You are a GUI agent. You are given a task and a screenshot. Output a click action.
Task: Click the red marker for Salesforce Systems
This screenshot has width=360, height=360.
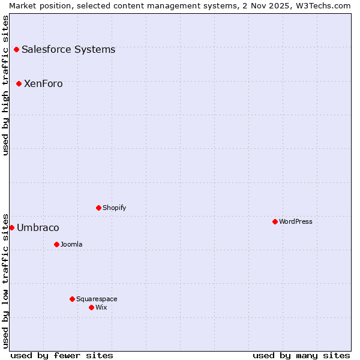tap(16, 49)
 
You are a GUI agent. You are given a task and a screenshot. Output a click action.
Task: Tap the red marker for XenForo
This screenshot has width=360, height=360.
tap(19, 83)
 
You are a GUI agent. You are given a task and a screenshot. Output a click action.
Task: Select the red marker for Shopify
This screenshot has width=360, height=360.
tap(98, 208)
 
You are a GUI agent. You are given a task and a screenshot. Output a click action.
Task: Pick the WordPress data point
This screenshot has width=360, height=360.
tap(275, 221)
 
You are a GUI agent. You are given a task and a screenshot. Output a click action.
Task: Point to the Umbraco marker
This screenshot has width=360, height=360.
tap(11, 227)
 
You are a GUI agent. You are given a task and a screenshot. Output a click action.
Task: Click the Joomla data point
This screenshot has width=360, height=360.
tap(56, 244)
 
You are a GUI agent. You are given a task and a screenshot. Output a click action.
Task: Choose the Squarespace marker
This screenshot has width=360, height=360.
tap(72, 299)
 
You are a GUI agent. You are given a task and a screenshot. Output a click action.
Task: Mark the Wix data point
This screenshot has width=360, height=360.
tap(91, 307)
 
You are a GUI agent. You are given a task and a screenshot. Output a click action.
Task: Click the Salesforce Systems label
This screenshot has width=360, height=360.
tap(68, 49)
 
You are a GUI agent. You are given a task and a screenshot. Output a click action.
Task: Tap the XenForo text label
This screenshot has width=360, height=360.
tap(43, 83)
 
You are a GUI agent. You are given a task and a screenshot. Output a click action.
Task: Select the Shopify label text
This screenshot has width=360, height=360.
tap(114, 208)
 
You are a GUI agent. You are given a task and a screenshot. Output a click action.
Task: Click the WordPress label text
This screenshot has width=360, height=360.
tap(296, 221)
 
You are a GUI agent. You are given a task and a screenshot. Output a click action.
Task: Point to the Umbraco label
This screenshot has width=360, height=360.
tap(38, 227)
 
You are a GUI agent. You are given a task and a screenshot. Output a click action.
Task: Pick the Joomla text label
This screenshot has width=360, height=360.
tap(71, 244)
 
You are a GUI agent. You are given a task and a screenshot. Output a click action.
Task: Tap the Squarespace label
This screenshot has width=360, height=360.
tap(97, 299)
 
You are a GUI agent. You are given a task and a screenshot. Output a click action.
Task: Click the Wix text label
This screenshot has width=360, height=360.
tap(101, 307)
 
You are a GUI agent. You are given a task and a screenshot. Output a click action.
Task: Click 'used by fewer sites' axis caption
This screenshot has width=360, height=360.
tap(62, 355)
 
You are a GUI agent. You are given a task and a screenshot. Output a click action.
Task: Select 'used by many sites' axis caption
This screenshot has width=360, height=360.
tap(301, 355)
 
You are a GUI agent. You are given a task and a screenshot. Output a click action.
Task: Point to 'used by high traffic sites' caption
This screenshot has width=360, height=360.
tap(5, 85)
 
